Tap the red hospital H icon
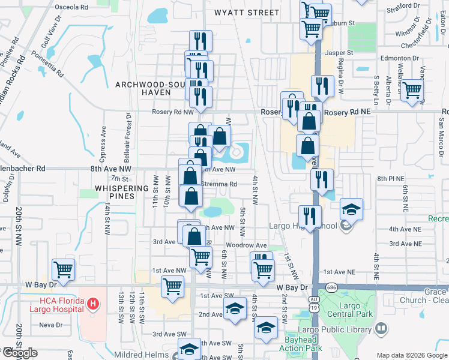92,304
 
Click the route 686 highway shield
331,288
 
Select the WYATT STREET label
246,12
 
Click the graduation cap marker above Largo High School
352,208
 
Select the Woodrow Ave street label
246,245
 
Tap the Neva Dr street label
51,325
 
